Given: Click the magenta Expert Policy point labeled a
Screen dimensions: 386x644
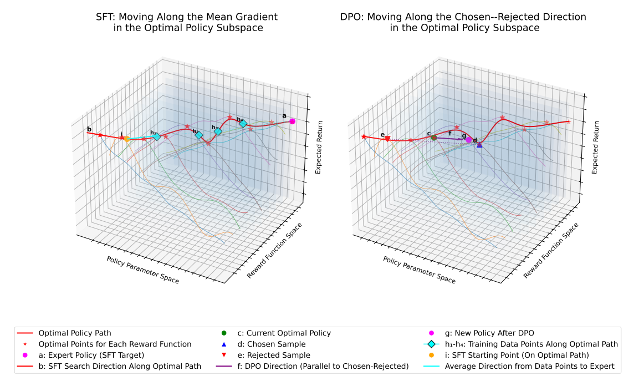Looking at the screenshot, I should pos(293,121).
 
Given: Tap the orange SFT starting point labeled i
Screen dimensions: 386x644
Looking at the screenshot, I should pos(127,139).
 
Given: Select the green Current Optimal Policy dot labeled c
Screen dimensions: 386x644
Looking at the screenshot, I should pos(434,138).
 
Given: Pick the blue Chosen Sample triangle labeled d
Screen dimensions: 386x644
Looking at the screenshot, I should pos(479,145).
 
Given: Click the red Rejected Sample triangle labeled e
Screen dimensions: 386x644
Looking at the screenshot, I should pos(387,139).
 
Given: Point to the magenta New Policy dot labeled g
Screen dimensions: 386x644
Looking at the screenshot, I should pos(469,140).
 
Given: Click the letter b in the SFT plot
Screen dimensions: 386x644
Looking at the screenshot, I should pos(89,130).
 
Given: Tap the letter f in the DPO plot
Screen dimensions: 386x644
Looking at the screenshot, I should pos(449,134).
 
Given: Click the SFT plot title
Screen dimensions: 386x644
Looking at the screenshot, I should pos(187,22).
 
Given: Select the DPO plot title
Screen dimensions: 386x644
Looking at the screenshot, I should pos(463,22).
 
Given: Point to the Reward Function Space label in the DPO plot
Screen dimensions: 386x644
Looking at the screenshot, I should pos(551,250).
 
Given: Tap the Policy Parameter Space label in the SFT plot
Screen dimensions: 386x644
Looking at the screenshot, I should pos(142,270).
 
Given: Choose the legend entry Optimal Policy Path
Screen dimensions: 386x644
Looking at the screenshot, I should pos(75,333).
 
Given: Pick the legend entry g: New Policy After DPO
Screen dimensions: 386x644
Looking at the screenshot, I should pos(489,333).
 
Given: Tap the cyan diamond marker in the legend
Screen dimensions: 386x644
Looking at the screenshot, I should pos(431,344).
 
